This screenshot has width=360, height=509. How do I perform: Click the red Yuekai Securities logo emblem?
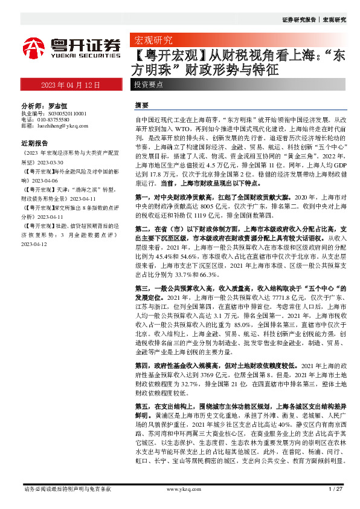pyautogui.click(x=33, y=47)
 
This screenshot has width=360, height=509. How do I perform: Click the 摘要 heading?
pyautogui.click(x=141, y=105)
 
